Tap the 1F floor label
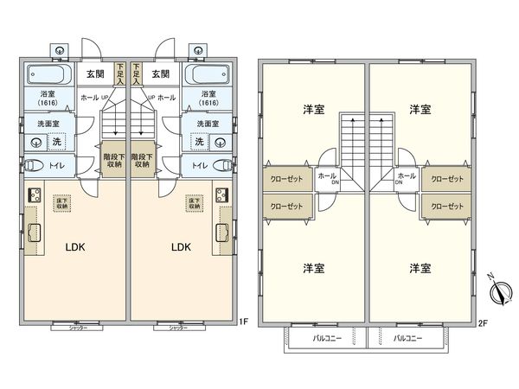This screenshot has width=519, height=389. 245,322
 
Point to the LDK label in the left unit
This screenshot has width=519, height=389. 76,246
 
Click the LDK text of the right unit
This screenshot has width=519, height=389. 180,246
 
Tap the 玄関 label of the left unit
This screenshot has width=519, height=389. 95,74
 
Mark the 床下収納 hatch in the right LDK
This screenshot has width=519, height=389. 197,204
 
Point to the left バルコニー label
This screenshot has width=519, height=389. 324,339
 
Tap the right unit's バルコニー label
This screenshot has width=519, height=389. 407,339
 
